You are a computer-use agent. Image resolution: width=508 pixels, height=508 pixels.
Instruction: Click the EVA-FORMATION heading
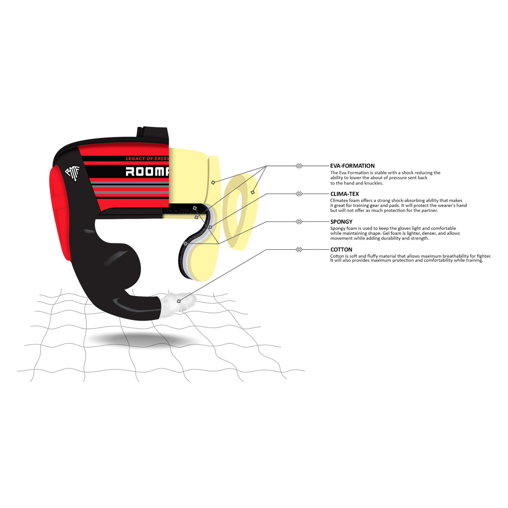352,166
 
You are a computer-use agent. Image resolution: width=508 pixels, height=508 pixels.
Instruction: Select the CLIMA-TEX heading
344,194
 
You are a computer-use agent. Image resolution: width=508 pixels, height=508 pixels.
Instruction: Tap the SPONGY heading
341,222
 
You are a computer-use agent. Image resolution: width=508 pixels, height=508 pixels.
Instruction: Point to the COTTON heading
341,250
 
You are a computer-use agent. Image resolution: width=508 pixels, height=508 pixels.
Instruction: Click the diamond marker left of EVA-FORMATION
299,166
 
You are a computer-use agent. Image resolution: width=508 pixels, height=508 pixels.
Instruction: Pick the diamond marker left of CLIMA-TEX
299,194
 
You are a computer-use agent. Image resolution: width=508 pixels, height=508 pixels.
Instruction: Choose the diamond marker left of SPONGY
299,222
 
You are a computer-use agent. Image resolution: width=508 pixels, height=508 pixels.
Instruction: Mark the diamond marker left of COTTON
299,250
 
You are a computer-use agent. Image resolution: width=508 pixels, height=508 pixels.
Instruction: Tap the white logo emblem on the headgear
72,173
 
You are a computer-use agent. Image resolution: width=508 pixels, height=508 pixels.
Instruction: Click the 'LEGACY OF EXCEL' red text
147,158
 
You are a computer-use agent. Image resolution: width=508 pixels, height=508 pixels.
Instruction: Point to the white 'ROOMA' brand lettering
147,171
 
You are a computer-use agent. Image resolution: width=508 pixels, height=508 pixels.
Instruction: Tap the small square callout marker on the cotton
179,301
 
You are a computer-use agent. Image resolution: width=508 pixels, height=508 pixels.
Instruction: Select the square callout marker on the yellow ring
253,192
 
